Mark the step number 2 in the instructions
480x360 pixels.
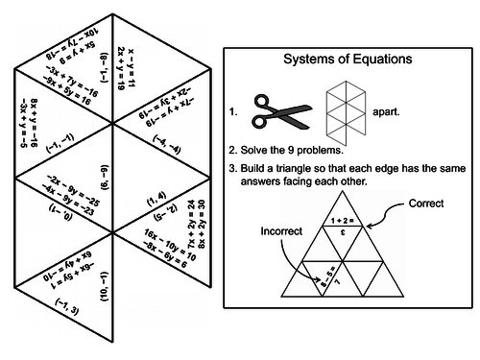pyautogui.click(x=233, y=150)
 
